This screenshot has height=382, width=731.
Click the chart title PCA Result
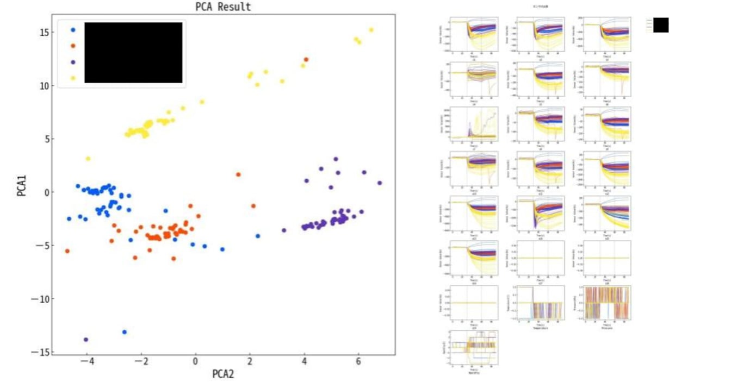223,7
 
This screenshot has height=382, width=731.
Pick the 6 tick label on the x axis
358,361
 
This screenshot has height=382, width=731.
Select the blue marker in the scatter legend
73,30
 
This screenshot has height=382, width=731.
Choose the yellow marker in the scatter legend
73,78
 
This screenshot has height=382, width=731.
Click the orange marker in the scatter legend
73,46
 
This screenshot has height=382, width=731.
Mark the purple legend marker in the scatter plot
73,62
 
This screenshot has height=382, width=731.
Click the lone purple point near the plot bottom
86,340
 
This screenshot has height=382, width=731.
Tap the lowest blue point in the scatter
125,332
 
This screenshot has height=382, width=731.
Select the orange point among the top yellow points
306,59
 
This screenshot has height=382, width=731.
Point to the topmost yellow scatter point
371,30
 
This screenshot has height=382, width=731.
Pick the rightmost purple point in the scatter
380,183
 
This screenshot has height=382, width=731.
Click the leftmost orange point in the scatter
67,251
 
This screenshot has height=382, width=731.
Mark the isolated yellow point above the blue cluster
88,159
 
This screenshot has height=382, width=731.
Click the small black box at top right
661,25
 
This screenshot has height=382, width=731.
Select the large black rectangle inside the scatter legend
133,53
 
